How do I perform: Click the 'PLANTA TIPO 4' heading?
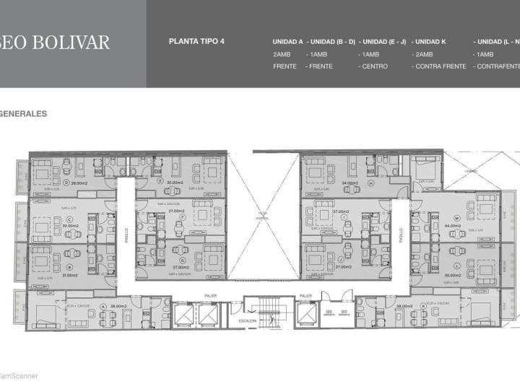[196, 41]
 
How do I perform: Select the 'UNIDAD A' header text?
[288, 42]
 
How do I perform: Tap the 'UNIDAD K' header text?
[430, 42]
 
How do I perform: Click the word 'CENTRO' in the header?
[375, 66]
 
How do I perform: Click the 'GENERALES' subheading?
[24, 113]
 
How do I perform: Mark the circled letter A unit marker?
[103, 306]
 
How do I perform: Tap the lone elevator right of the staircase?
[307, 313]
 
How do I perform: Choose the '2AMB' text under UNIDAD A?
[282, 54]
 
